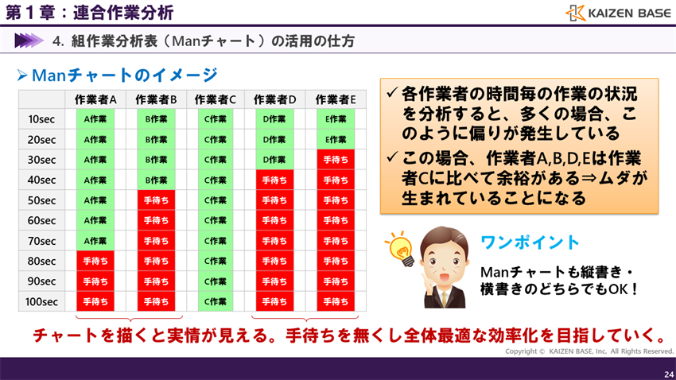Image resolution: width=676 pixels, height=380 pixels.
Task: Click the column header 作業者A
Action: [95, 99]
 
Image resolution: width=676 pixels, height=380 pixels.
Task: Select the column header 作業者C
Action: [216, 99]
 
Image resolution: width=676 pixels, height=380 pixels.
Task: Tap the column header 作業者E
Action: [336, 99]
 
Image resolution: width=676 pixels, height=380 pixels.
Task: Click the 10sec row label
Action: [41, 119]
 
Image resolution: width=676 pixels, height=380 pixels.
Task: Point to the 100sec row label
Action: [41, 302]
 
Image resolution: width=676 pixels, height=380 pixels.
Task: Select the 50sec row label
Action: [41, 200]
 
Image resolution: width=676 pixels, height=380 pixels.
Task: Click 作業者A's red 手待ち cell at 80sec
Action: [95, 261]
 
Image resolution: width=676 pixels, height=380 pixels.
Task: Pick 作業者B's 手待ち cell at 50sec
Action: [156, 200]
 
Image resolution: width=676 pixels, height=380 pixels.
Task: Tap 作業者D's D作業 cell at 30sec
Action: [274, 160]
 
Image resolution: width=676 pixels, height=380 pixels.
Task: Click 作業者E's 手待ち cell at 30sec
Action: [336, 160]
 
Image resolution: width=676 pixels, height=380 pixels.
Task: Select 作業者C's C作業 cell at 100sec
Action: [216, 302]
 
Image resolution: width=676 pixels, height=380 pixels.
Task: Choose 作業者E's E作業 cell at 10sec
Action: [336, 119]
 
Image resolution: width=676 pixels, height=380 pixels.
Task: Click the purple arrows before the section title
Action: [28, 41]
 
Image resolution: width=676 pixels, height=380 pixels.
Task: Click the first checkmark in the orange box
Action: [391, 93]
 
